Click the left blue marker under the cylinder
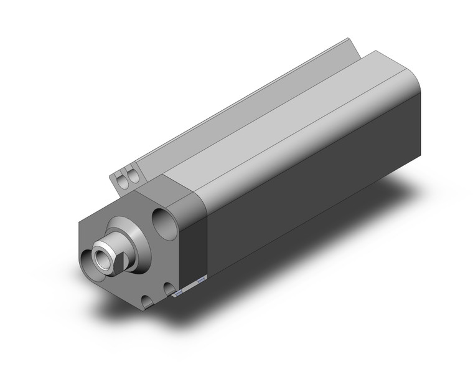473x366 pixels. point(178,291)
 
